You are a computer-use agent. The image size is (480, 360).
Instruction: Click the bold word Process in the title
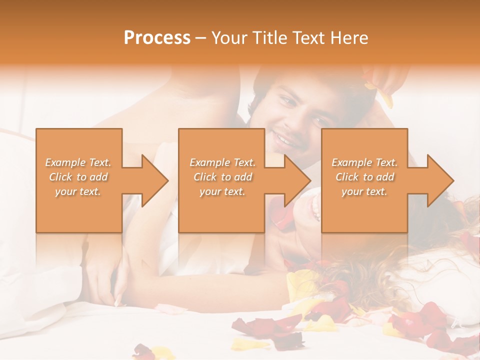[x=157, y=37]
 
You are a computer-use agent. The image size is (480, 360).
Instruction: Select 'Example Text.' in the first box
[x=78, y=162]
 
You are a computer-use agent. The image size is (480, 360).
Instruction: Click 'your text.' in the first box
[x=78, y=191]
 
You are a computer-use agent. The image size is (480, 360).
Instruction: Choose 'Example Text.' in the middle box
[x=222, y=162]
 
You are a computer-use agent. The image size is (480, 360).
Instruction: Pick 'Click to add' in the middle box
[x=222, y=177]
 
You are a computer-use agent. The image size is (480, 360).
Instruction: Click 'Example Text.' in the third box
[x=364, y=162]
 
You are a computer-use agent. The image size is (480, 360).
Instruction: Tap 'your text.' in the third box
[x=364, y=191]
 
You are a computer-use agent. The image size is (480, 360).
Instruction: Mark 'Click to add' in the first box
[x=78, y=177]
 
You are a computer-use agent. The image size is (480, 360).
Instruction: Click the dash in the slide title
[x=201, y=38]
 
